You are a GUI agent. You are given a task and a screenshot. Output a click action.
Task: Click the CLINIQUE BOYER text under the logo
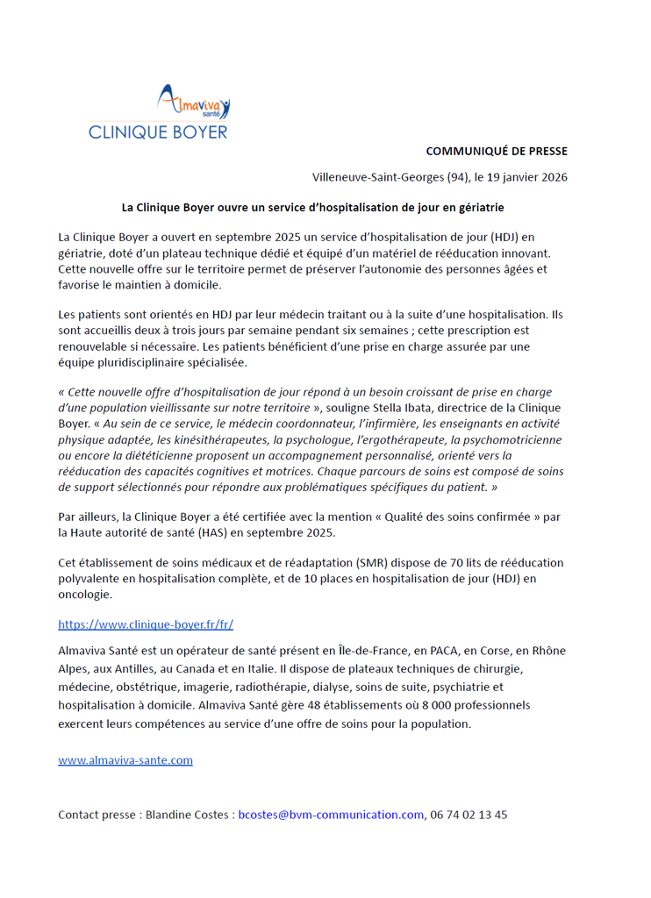158,132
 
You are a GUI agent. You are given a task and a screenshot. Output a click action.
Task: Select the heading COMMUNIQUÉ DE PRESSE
497,152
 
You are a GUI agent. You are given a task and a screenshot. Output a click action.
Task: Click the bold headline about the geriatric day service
312,208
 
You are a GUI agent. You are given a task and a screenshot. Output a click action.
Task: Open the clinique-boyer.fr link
146,624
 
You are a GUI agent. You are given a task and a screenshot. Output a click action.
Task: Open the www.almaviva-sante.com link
125,760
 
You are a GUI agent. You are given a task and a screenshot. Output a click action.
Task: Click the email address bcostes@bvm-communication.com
331,814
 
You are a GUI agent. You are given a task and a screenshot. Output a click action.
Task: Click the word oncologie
85,594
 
